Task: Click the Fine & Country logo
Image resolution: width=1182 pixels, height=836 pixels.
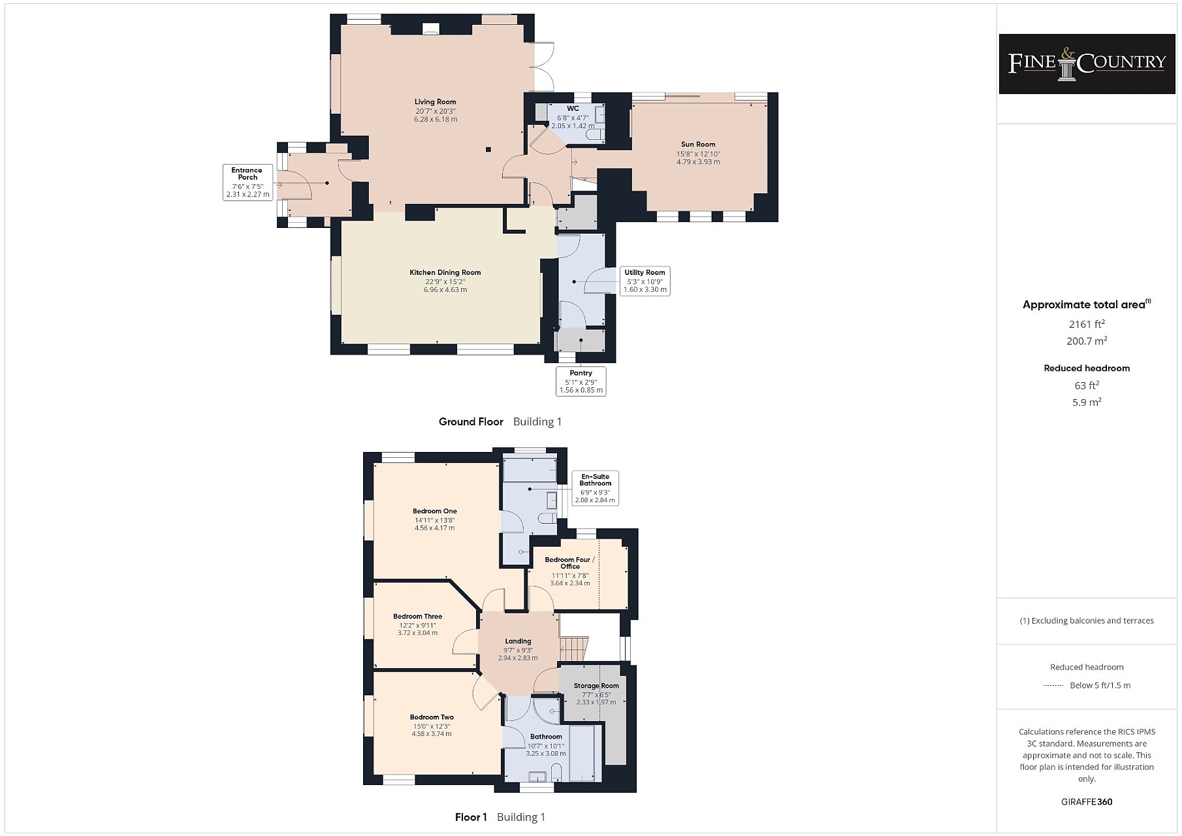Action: click(x=1087, y=63)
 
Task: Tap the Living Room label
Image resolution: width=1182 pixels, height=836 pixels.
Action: click(x=436, y=102)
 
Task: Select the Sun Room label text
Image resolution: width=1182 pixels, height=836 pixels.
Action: click(x=698, y=144)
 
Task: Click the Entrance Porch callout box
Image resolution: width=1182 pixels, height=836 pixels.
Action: click(x=248, y=182)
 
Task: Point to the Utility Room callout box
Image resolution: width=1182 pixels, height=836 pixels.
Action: click(x=645, y=281)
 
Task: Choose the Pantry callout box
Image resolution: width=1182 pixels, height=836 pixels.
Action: click(x=581, y=381)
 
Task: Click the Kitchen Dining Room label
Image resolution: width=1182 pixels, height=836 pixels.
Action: click(x=445, y=272)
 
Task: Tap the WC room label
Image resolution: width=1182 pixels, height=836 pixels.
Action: click(x=573, y=108)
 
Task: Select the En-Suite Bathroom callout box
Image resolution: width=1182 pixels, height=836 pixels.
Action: click(x=595, y=489)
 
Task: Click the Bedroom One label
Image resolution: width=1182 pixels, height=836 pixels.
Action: click(x=435, y=511)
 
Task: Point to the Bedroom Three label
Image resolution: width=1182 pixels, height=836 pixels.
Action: click(x=418, y=617)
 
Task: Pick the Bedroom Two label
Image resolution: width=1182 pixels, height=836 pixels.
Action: click(x=432, y=717)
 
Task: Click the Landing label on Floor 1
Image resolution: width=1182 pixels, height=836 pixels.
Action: click(x=518, y=641)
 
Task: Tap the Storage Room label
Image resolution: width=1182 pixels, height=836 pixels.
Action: click(x=596, y=686)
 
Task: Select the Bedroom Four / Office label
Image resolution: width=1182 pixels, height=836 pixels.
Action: click(x=570, y=563)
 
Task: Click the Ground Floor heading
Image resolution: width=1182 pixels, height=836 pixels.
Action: click(x=471, y=422)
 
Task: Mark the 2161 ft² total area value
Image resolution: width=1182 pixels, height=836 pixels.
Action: click(x=1087, y=324)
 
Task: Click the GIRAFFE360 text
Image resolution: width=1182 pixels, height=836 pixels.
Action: click(x=1087, y=801)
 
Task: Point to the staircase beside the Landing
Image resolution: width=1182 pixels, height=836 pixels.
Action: click(x=575, y=649)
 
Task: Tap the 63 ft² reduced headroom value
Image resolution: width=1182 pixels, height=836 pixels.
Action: click(x=1087, y=385)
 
